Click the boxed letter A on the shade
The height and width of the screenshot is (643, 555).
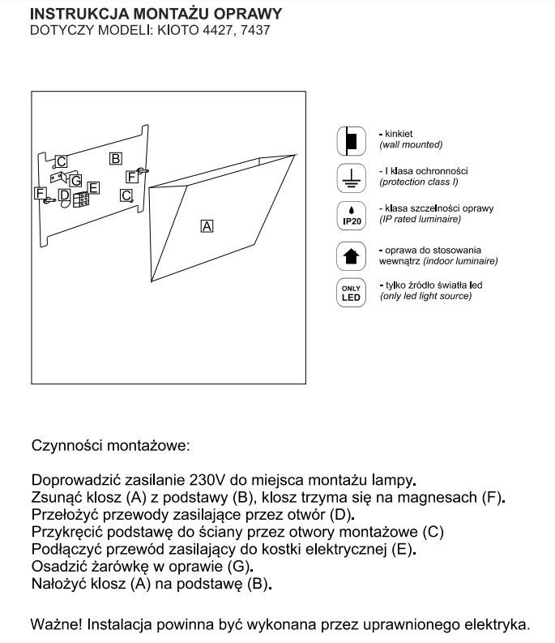coord(207,226)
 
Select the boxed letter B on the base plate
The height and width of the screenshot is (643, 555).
coord(116,158)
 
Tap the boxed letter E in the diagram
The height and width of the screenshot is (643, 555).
coord(94,188)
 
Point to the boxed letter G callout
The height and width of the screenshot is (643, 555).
coord(76,180)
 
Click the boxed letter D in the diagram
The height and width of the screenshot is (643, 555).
coord(64,195)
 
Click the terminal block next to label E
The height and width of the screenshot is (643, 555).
coord(81,199)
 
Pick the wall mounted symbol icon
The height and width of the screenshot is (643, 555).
coord(351,140)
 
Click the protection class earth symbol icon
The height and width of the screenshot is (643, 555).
coord(351,178)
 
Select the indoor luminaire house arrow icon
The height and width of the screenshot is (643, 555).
coord(351,255)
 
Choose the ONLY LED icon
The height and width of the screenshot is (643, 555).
coord(351,292)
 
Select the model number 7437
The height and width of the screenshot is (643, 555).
coord(253,31)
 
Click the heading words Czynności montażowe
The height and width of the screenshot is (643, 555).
coord(110,445)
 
